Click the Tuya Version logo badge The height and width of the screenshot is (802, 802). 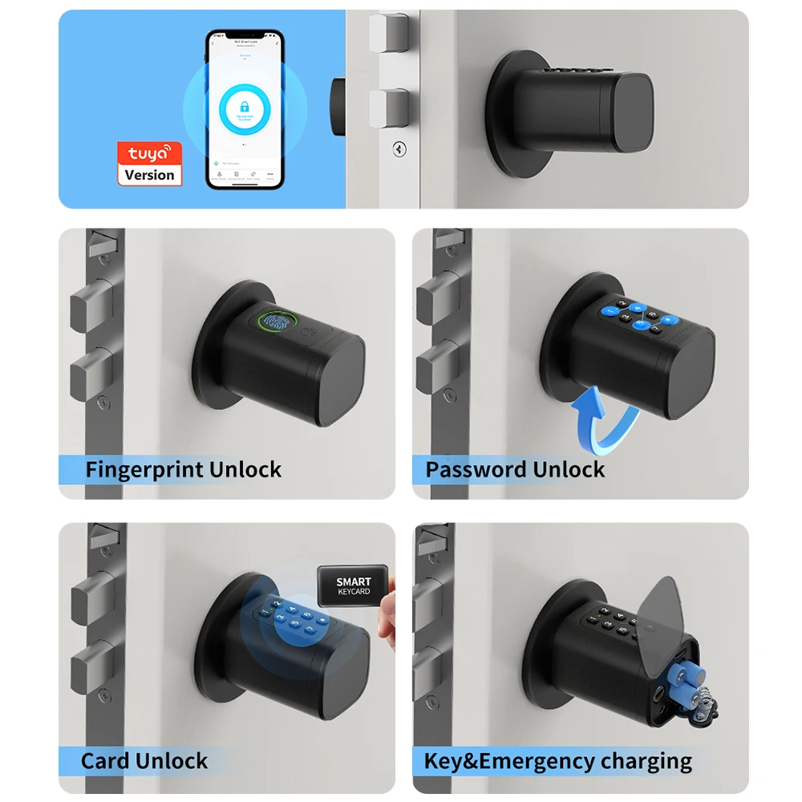click(150, 164)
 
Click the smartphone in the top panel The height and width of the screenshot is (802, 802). click(245, 110)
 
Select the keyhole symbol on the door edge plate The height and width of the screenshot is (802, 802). click(398, 148)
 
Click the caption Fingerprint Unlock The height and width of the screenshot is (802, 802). click(183, 469)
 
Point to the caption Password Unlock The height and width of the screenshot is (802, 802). click(515, 469)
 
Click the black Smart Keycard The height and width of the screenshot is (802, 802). click(354, 586)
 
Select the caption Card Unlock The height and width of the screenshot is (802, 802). click(144, 760)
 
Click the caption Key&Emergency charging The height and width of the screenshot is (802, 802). click(557, 760)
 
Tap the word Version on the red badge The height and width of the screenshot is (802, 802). click(150, 175)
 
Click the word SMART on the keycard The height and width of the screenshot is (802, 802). click(354, 581)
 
